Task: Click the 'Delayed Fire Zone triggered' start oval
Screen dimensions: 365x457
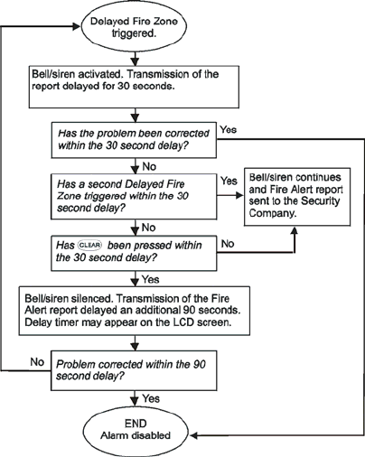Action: tap(134, 27)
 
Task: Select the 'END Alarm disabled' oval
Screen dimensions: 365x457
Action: tap(136, 431)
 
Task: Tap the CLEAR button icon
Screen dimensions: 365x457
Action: tap(90, 246)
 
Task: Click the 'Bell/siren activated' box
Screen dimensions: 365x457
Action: tap(134, 87)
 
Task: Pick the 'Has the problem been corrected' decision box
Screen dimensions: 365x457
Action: tap(134, 140)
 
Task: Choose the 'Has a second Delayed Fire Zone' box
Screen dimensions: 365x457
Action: tap(134, 196)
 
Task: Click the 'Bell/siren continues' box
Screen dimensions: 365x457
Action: tap(297, 197)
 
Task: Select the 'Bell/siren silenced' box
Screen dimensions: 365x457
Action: tap(135, 311)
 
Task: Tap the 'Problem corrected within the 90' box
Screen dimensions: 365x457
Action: tap(134, 370)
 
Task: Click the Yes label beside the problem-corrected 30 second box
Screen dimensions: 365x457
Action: tap(229, 130)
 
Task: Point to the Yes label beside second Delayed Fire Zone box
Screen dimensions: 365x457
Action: tap(229, 181)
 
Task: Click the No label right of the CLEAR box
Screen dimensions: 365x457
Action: tap(228, 244)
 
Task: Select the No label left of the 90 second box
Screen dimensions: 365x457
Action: tap(37, 362)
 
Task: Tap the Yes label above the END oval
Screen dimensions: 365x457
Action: tap(151, 398)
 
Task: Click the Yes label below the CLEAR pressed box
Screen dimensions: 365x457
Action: tap(150, 279)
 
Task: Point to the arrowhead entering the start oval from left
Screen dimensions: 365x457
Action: tap(77, 26)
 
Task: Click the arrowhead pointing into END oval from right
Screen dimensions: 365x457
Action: tap(193, 435)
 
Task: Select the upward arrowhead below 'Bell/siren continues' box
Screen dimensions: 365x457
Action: tap(295, 230)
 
